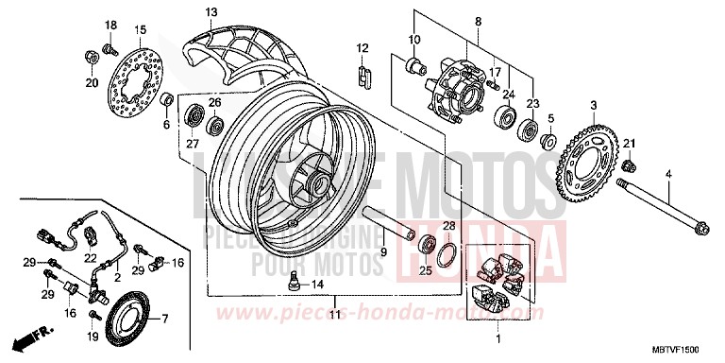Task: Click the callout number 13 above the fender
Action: (211, 11)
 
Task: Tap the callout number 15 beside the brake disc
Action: (141, 30)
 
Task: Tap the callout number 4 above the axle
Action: (668, 175)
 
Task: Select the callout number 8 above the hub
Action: (478, 21)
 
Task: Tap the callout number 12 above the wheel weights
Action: (362, 47)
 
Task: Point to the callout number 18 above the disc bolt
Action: (110, 24)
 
